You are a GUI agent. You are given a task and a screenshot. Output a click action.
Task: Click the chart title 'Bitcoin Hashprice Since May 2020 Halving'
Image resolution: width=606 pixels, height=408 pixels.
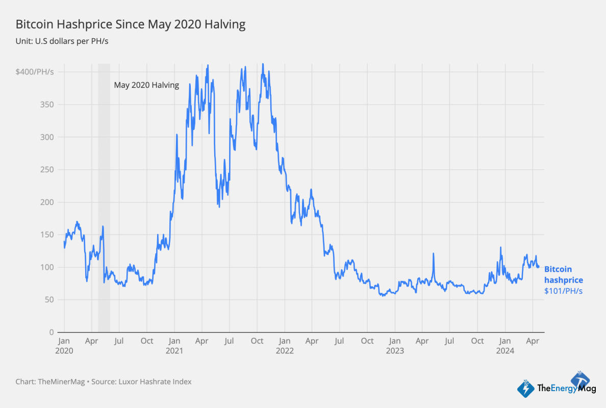[131, 24]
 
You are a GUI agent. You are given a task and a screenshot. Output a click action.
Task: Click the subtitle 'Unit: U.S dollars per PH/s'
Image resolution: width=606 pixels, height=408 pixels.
[62, 41]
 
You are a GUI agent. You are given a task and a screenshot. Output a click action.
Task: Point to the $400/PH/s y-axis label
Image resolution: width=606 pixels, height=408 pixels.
[35, 72]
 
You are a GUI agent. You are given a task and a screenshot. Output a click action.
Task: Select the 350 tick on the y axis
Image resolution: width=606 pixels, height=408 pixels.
[47, 105]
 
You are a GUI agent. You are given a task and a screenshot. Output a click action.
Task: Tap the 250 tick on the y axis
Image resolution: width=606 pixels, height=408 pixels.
[47, 169]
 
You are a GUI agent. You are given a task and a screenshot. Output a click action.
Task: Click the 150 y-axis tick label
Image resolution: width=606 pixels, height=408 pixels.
[47, 235]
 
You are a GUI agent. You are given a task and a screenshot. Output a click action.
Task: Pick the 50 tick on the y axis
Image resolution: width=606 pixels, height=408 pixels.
[49, 300]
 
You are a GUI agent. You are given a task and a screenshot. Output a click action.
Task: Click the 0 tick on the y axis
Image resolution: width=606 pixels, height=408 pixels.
[52, 332]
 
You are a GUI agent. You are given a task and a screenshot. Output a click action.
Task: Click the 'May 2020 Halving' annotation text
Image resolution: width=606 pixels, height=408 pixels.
[146, 85]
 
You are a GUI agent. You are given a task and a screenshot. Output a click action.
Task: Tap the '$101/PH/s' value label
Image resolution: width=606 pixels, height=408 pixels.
[563, 291]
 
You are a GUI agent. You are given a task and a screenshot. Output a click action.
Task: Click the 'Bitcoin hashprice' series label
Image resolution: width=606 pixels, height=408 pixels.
[563, 274]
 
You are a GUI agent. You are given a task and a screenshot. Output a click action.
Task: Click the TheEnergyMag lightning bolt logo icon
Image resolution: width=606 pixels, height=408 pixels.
[526, 389]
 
